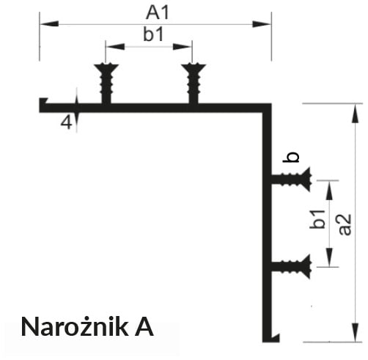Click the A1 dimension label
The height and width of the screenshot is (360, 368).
pos(158,13)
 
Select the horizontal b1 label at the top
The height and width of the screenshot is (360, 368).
pos(153,34)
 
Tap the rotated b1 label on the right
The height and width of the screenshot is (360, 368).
pos(317,219)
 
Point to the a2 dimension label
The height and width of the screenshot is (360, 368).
pos(345,224)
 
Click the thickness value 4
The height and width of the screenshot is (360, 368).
pos(67,122)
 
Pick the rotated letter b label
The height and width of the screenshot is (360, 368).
pos(291,157)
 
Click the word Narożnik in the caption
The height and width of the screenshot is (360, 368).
pos(75,327)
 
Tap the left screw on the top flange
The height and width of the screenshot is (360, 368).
pos(106,83)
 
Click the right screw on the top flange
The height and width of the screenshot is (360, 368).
pos(194,83)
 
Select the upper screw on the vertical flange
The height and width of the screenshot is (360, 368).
pos(291,179)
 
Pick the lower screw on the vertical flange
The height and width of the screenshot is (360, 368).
pos(291,266)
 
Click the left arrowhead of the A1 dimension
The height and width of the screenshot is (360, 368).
pos(49,24)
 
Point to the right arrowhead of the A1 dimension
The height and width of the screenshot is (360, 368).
pos(262,24)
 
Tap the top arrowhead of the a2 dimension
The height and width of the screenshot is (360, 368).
pos(356,113)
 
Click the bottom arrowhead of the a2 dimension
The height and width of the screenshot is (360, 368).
pos(356,332)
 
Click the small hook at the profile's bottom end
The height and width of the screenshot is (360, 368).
pos(275,338)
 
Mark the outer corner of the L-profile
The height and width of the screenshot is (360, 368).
pos(271,104)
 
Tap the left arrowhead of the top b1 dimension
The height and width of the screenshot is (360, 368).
pos(115,46)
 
